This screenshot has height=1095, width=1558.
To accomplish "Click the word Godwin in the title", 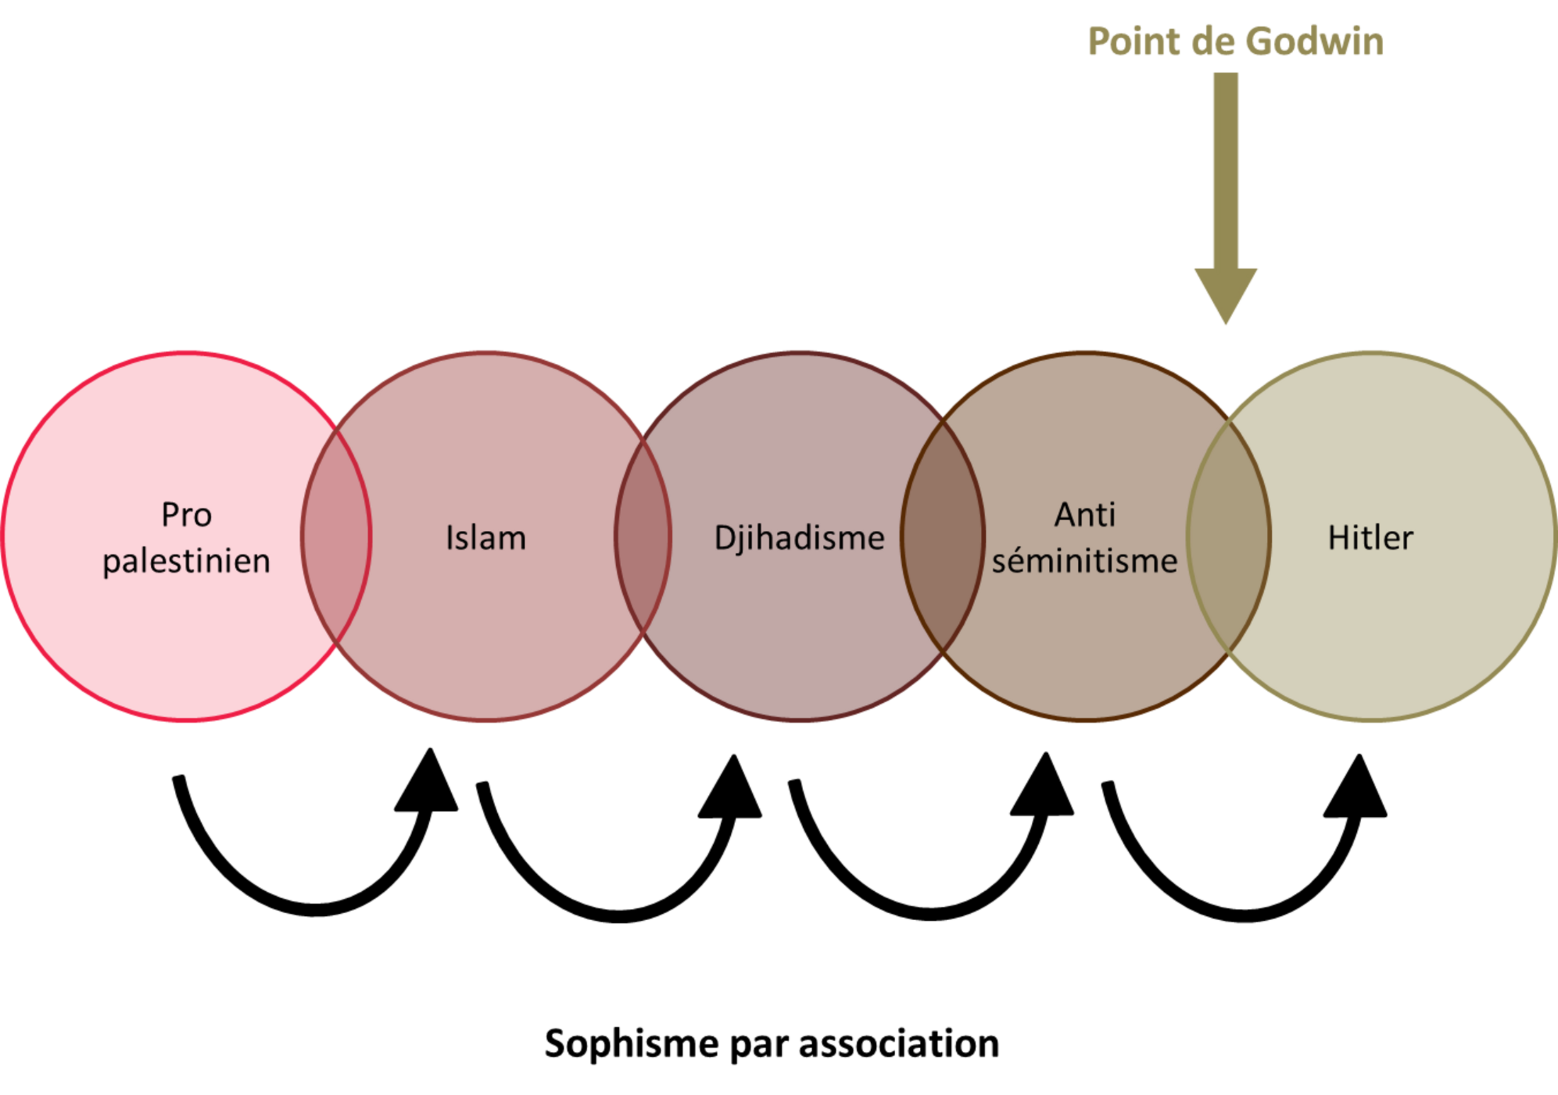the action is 1314,41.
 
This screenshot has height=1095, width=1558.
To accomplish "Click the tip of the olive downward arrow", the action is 1226,323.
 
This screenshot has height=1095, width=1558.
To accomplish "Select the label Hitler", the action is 1370,537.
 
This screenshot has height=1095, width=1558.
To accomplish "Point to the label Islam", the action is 486,537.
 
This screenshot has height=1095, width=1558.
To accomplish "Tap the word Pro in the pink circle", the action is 186,515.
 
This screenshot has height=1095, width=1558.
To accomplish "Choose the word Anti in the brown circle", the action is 1084,515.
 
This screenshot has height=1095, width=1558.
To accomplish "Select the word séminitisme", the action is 1084,561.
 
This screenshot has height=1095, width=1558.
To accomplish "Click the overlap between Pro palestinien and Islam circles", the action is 336,536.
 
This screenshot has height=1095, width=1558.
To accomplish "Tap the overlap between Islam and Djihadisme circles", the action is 642,536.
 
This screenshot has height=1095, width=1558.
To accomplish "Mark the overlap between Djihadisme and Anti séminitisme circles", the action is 943,536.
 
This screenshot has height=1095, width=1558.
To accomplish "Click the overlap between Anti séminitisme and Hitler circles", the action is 1229,536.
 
